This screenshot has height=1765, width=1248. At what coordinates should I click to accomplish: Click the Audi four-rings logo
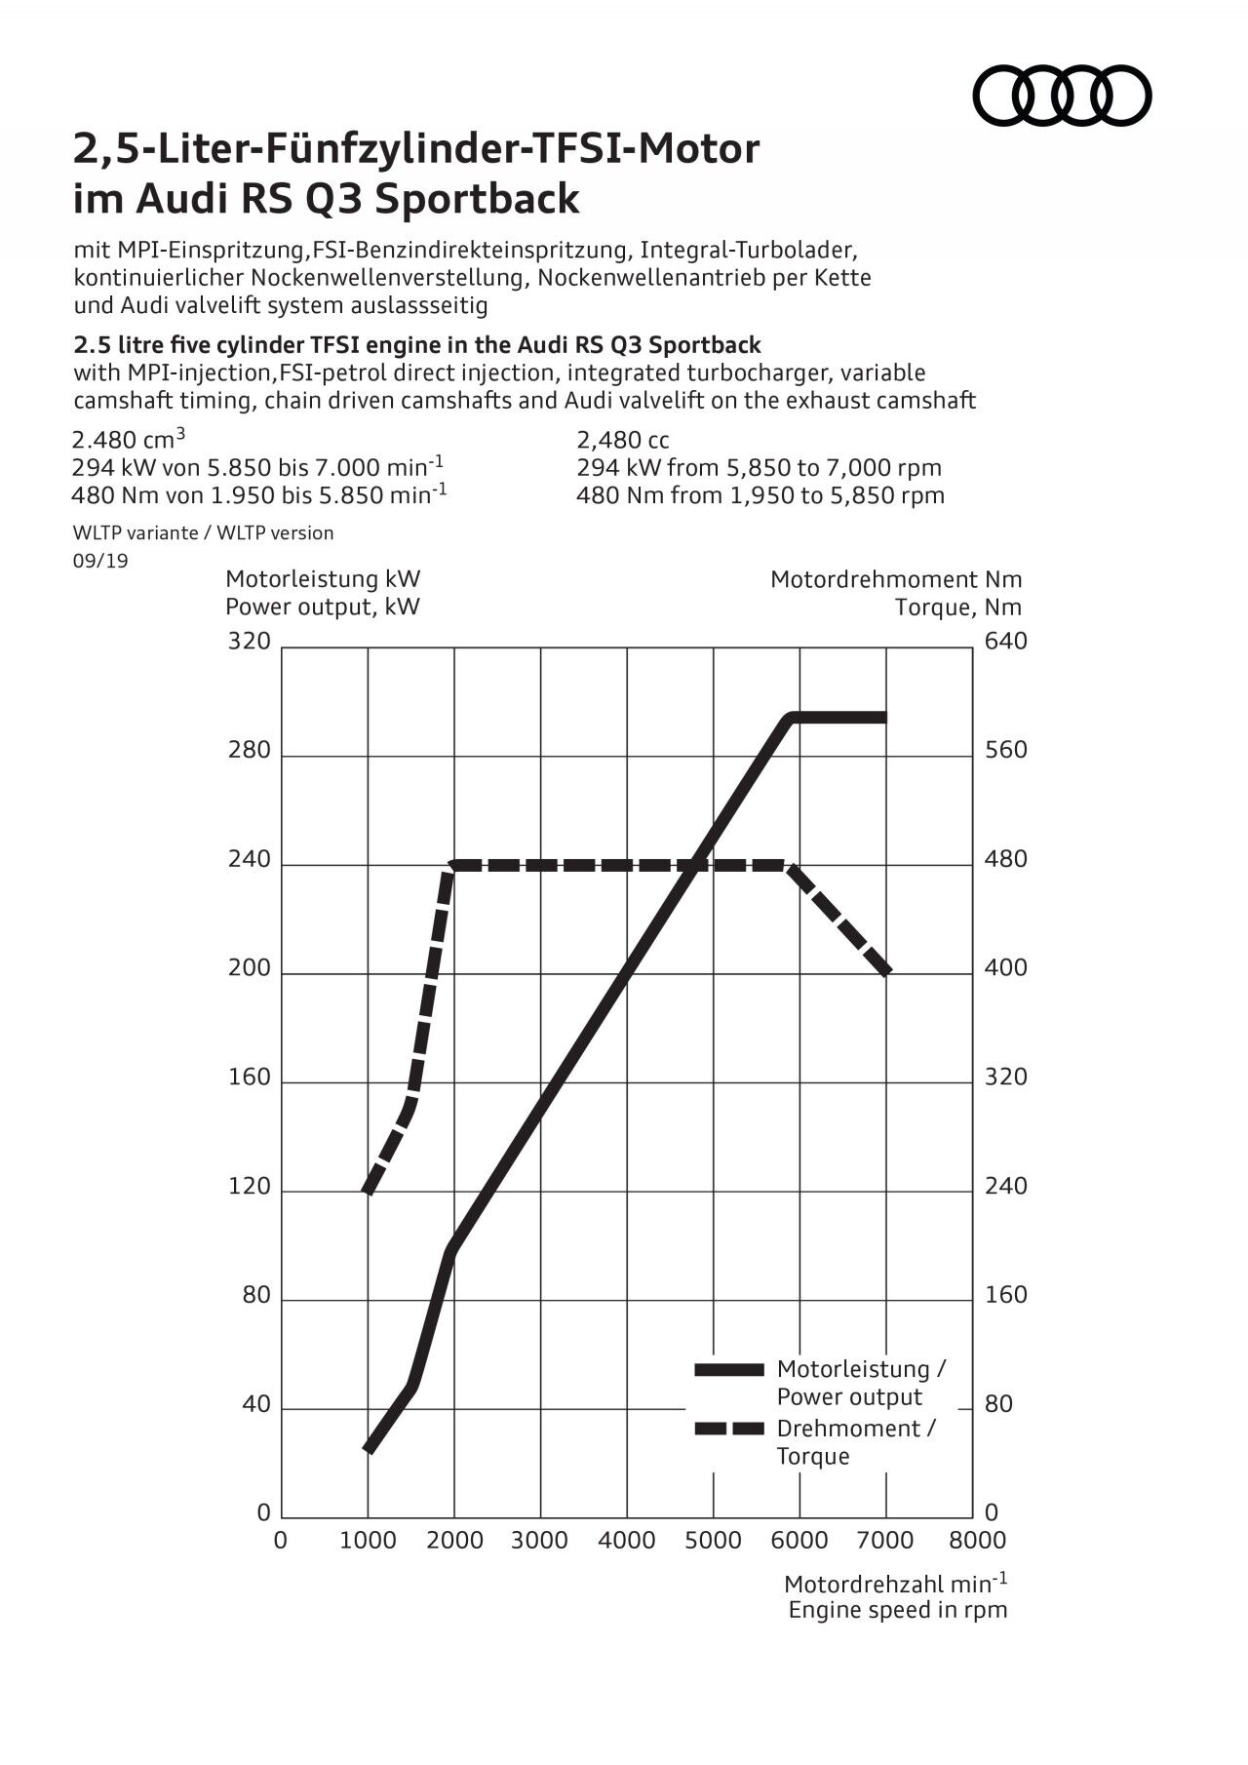coord(1062,96)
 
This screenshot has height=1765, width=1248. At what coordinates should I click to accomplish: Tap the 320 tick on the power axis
coord(249,641)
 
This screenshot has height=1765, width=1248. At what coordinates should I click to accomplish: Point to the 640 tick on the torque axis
coord(1006,641)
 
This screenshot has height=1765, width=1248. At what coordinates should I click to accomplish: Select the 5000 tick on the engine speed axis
coord(713,1540)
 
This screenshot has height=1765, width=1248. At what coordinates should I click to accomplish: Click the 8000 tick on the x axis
coord(977,1540)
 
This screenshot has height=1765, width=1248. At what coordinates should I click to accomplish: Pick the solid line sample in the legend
coord(728,1370)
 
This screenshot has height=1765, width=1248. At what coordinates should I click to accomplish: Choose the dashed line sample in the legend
coord(728,1429)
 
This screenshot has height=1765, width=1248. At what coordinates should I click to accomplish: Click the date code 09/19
coord(100,561)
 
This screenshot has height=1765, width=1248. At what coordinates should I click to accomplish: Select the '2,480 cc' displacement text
coord(623,440)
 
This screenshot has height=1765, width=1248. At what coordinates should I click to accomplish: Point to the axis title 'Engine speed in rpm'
coord(897,1610)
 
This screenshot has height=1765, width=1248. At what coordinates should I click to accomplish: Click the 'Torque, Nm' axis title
coord(957,608)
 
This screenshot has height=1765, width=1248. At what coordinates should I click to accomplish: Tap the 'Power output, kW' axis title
coord(323,607)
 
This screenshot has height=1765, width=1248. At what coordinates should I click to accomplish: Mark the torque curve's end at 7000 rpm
coord(886,971)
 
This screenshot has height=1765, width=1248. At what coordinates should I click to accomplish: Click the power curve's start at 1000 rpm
coord(369,1449)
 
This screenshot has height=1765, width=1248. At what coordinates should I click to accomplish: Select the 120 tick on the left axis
coord(249,1187)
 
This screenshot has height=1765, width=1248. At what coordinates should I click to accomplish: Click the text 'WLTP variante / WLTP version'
coord(204,533)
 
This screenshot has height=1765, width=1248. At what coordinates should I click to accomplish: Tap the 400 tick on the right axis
coord(1006,968)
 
